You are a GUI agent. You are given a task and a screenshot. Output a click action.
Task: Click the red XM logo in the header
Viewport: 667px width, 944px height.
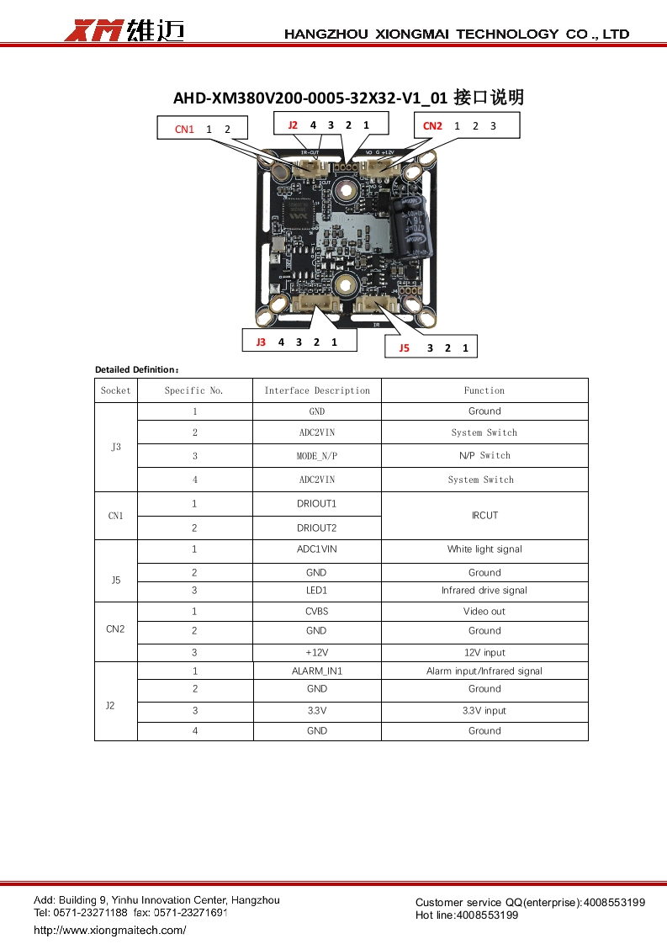95,31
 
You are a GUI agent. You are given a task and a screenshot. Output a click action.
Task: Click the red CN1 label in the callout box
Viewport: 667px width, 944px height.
184,129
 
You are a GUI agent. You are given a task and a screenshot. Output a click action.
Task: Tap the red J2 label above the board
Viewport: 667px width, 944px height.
293,125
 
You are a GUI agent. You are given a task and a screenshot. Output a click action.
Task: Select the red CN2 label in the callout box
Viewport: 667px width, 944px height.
432,125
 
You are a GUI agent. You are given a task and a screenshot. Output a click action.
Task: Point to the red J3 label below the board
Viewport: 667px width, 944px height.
261,342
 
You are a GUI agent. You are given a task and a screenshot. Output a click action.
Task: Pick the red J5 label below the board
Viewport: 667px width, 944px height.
404,347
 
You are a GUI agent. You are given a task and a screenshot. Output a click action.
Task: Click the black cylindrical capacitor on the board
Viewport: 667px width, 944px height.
416,225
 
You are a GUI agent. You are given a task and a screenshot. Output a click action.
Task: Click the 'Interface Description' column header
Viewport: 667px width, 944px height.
317,390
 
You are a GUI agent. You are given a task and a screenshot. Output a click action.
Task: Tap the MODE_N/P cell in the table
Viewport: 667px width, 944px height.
317,456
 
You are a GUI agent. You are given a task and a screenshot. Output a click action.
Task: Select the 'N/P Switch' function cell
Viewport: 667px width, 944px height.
484,455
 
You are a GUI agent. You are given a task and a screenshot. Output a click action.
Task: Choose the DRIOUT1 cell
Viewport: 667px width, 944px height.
317,503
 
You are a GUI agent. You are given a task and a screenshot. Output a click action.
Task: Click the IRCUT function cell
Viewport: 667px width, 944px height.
484,515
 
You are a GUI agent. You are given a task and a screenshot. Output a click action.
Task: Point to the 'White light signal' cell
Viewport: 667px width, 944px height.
484,549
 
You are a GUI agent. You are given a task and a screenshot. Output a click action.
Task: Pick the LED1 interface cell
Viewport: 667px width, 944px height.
317,591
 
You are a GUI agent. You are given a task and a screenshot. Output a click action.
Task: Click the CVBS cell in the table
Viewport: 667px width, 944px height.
317,612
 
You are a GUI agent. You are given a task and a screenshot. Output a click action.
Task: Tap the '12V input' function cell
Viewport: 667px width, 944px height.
484,653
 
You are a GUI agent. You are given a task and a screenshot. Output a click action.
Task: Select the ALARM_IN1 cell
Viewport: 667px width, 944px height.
317,671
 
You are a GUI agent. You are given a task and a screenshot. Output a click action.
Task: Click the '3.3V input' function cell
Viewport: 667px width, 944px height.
484,711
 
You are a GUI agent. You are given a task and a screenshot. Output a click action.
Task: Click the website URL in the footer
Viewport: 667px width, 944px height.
109,930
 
